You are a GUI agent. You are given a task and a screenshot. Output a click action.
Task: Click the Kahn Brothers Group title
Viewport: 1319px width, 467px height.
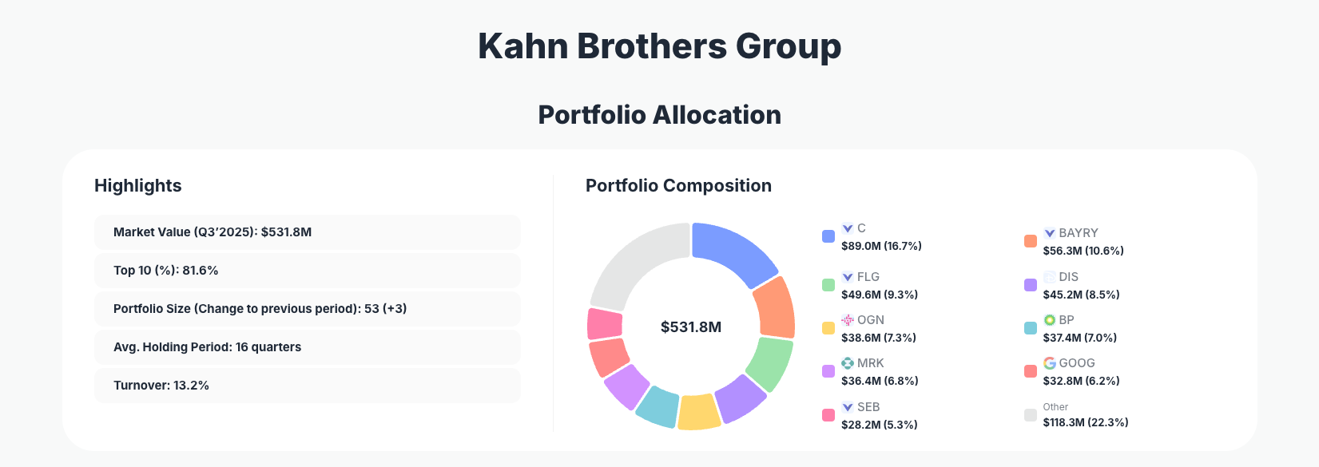[659, 46]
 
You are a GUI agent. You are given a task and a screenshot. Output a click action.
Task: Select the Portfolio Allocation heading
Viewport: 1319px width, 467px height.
[659, 115]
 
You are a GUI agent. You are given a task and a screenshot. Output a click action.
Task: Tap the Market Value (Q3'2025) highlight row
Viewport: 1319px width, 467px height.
[307, 232]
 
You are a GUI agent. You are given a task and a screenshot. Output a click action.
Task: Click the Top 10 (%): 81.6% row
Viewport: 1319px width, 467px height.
[307, 271]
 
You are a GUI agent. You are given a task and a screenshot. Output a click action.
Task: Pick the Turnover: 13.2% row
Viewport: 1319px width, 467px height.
[307, 386]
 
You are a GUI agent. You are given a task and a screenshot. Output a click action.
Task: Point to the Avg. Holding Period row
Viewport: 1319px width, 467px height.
[307, 347]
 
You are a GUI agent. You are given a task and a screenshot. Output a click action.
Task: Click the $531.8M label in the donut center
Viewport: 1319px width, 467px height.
[691, 327]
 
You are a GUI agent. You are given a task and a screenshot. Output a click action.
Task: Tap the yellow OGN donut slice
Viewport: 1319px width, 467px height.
[698, 412]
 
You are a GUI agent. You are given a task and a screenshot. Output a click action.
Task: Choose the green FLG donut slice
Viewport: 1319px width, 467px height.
[770, 362]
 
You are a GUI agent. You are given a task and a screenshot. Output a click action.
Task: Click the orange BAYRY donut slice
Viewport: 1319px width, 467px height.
[775, 307]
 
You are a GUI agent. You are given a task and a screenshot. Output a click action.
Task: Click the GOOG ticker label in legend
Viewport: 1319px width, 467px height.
[1077, 363]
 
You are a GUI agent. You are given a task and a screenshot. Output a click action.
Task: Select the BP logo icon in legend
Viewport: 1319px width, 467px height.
[1050, 320]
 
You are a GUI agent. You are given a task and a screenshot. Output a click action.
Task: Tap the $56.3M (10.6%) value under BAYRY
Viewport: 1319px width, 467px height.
[1083, 251]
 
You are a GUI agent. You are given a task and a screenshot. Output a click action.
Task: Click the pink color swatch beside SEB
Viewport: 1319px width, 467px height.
[828, 415]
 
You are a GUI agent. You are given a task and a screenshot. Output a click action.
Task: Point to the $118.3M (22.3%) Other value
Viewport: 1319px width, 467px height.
[1086, 422]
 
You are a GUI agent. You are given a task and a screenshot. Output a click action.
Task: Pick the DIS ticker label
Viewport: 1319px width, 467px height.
[1069, 277]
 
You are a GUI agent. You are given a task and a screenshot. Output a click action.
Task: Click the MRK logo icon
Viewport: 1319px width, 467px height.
[848, 363]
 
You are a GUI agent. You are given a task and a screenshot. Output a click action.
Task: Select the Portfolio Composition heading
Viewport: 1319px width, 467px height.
[678, 186]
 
